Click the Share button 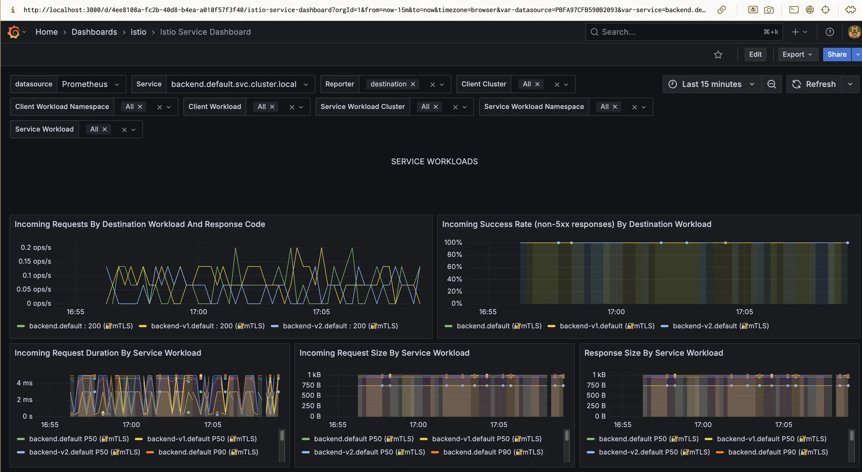click(837, 54)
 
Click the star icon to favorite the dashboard click(718, 54)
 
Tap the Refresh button click(814, 84)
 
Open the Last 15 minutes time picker click(711, 84)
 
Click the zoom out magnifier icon click(771, 84)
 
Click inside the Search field click(679, 32)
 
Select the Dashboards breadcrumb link click(94, 32)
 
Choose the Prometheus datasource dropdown click(91, 84)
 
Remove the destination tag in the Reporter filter click(413, 84)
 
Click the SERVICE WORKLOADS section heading click(434, 161)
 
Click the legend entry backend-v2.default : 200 click(340, 325)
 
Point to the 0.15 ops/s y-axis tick click(35, 261)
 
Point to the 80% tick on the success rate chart click(454, 255)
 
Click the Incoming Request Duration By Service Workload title click(108, 353)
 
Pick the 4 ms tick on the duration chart click(25, 383)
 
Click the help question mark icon click(830, 32)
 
